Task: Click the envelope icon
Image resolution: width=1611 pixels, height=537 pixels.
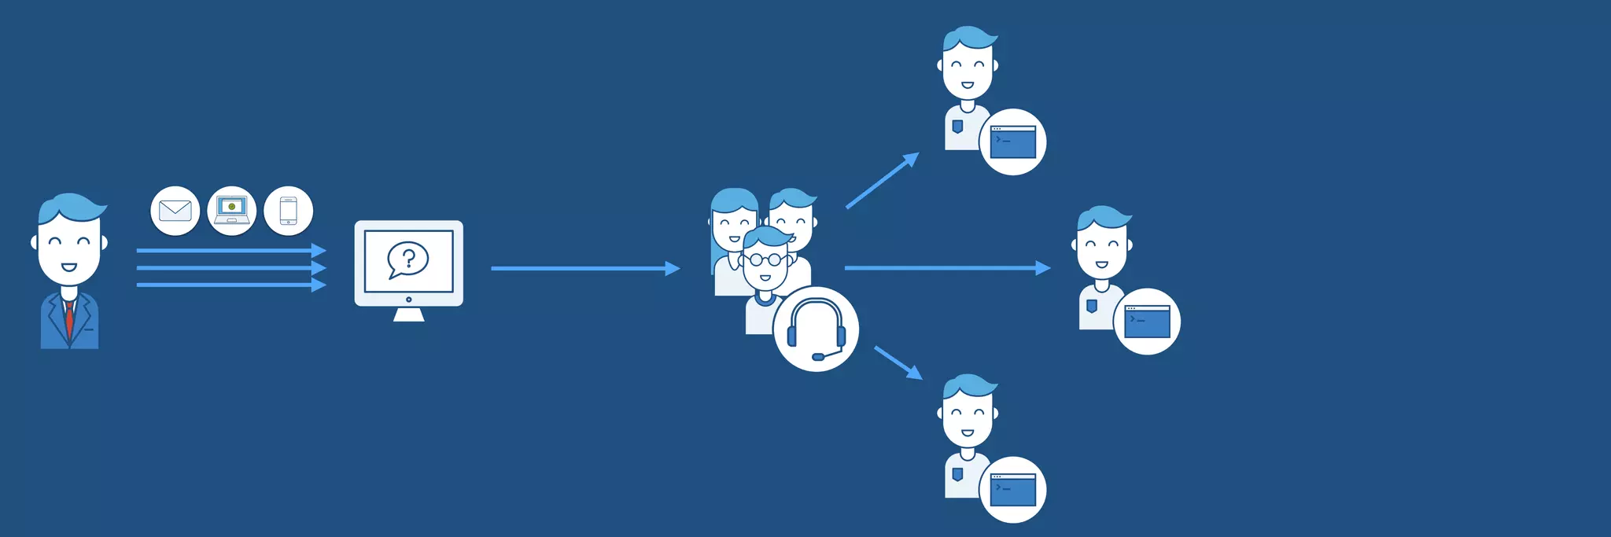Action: pyautogui.click(x=175, y=211)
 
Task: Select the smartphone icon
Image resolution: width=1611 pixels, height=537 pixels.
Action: pyautogui.click(x=289, y=211)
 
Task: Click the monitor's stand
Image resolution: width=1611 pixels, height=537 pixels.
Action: pyautogui.click(x=408, y=314)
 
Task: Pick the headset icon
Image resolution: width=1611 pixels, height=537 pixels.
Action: pyautogui.click(x=816, y=329)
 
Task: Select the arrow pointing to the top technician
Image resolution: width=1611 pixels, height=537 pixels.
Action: pyautogui.click(x=882, y=181)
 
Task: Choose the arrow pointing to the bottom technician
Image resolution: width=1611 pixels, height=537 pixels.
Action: pyautogui.click(x=898, y=362)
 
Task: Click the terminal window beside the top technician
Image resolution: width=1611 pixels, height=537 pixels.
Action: pyautogui.click(x=1012, y=142)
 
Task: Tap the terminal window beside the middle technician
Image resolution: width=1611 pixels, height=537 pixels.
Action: pyautogui.click(x=1147, y=322)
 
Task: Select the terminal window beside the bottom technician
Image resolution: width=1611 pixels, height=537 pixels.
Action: pyautogui.click(x=1012, y=490)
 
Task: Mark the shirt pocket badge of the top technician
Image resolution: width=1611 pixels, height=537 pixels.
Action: pyautogui.click(x=957, y=126)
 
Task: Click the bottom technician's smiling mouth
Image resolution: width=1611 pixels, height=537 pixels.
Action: pyautogui.click(x=967, y=432)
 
